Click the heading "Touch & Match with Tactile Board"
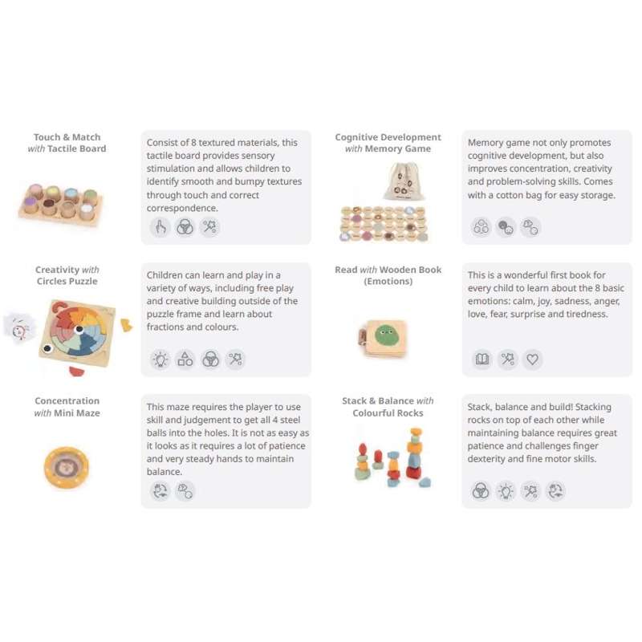pyautogui.click(x=67, y=143)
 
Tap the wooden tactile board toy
pyautogui.click(x=60, y=205)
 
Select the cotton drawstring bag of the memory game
pyautogui.click(x=402, y=181)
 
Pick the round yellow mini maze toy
pyautogui.click(x=67, y=467)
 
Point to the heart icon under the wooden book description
pyautogui.click(x=532, y=359)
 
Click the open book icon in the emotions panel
pyautogui.click(x=482, y=359)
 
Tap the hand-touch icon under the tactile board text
pyautogui.click(x=160, y=227)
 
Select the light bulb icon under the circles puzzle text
pyautogui.click(x=160, y=359)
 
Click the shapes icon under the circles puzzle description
pyautogui.click(x=185, y=359)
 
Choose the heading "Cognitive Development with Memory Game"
pyautogui.click(x=388, y=143)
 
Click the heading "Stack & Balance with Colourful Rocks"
pyautogui.click(x=388, y=407)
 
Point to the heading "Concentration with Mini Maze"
pyautogui.click(x=67, y=407)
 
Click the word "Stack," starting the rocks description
pyautogui.click(x=479, y=407)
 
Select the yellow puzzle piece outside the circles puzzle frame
pyautogui.click(x=126, y=326)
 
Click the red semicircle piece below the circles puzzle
pyautogui.click(x=76, y=371)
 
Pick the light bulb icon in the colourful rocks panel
pyautogui.click(x=506, y=491)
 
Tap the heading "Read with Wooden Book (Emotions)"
pyautogui.click(x=388, y=275)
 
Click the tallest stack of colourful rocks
pyautogui.click(x=414, y=453)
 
